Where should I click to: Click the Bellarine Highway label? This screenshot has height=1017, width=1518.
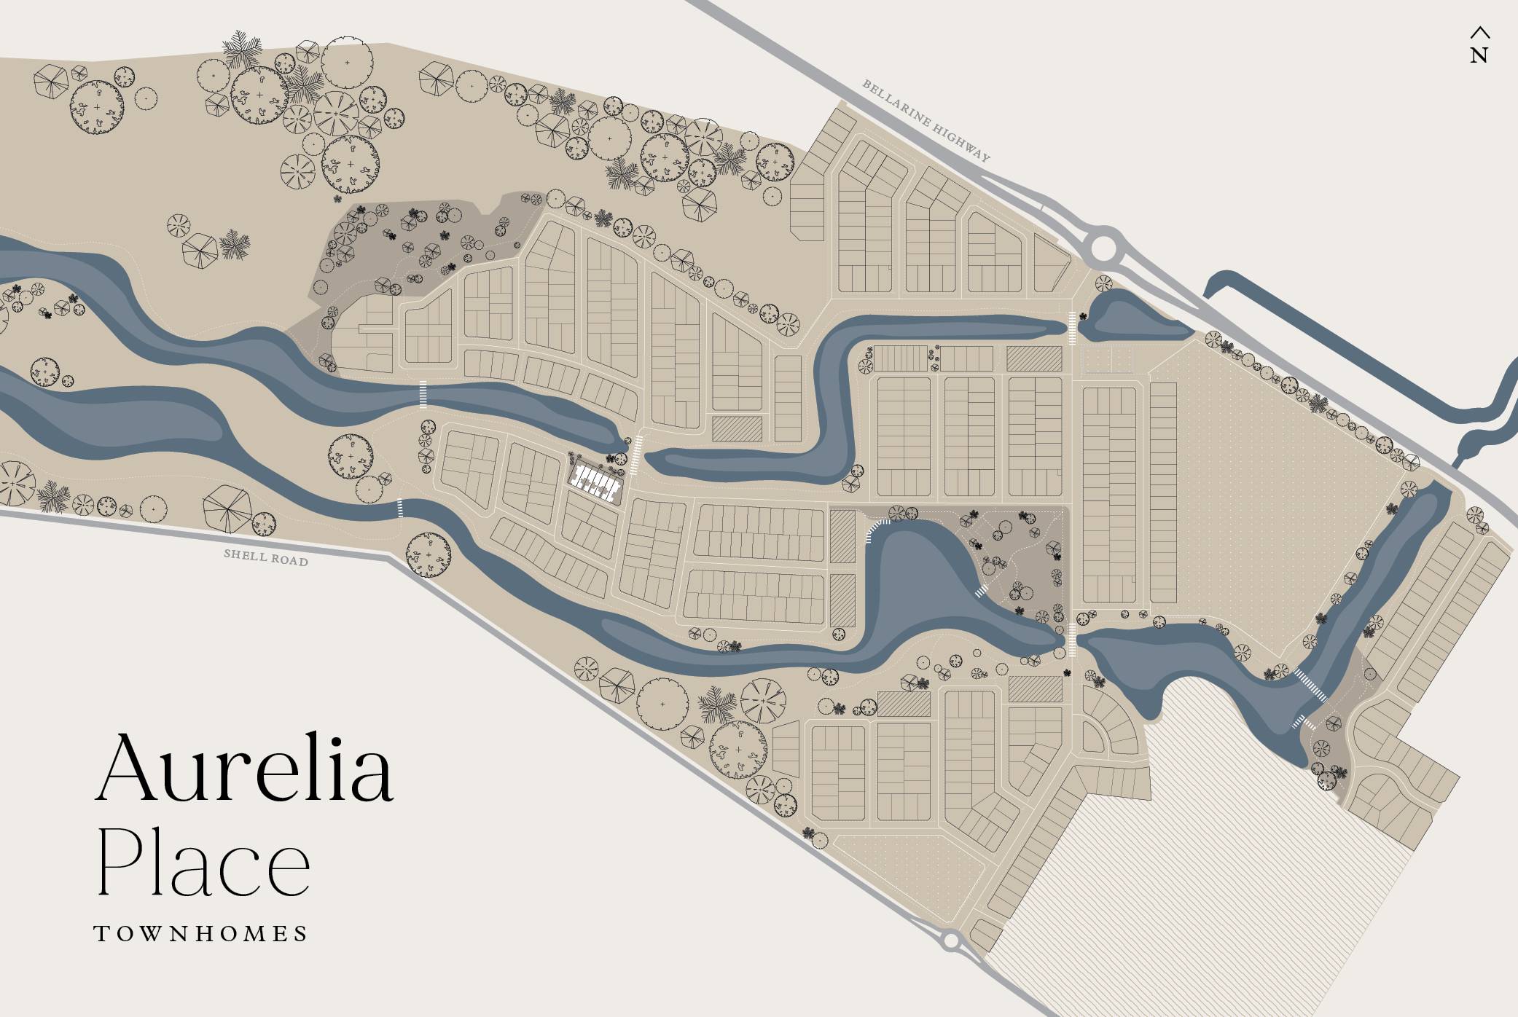pos(926,121)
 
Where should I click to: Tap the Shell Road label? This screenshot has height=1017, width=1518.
pos(266,557)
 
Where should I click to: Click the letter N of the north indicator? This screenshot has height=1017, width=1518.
pos(1479,55)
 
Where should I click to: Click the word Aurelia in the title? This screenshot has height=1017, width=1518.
pos(245,769)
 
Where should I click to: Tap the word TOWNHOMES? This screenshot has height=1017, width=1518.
pos(201,934)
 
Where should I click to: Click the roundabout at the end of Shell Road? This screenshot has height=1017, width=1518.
pos(950,941)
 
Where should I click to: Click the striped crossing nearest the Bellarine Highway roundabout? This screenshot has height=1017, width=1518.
pos(1072,328)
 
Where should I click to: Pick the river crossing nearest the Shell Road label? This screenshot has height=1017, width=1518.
pos(399,508)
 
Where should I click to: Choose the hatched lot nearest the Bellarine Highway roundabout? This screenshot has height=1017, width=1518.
pos(1033,358)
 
